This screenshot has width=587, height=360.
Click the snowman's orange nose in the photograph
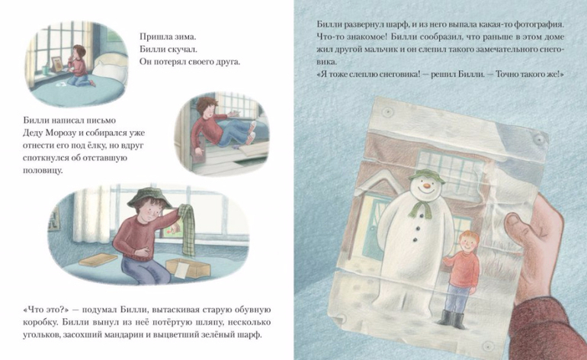(427, 185)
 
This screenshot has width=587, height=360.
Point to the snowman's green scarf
(420, 209)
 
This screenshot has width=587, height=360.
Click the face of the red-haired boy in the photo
(464, 243)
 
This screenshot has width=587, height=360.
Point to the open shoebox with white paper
(188, 268)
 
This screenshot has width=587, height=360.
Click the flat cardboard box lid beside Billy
(98, 259)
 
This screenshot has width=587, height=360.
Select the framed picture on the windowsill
(58, 63)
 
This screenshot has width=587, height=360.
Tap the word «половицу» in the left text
(43, 170)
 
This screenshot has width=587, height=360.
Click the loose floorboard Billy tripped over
(254, 149)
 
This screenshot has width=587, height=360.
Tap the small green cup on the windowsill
(45, 70)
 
